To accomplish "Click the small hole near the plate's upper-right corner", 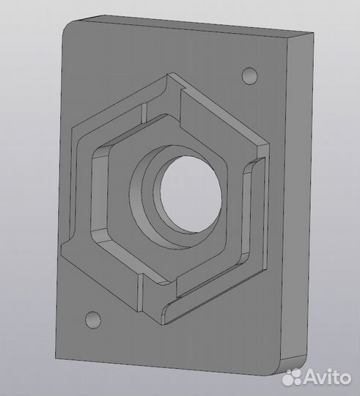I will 250,75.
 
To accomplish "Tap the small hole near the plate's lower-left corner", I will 92,319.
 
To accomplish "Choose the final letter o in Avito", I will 345,378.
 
